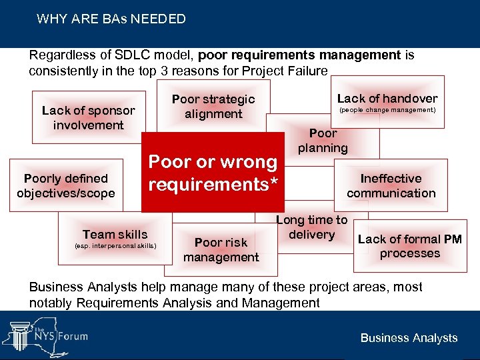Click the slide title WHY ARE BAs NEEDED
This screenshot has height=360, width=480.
(111, 19)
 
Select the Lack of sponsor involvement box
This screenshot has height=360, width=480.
(88, 118)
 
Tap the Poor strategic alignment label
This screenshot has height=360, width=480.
(213, 107)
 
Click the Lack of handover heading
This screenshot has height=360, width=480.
(387, 98)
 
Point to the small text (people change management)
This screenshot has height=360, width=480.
(387, 110)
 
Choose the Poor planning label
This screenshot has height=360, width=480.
(323, 141)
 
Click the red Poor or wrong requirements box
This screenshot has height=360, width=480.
(213, 173)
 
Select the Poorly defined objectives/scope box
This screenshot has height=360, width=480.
(66, 186)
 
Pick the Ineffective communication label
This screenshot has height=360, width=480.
(391, 186)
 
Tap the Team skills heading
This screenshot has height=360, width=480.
(115, 234)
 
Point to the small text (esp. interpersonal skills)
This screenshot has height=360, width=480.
(115, 245)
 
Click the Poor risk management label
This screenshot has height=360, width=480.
(221, 250)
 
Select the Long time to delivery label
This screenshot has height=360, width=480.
(312, 227)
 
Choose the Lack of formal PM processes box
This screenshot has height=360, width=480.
(409, 246)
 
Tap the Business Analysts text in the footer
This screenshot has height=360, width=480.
(409, 337)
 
